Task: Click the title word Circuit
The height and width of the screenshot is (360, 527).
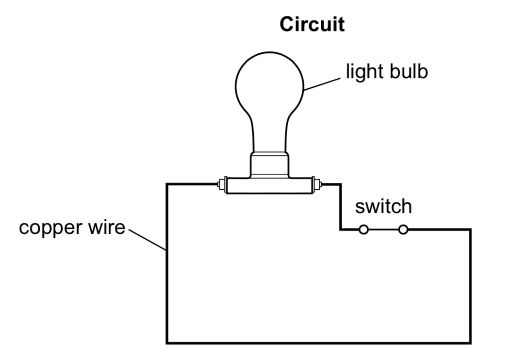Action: tap(312, 24)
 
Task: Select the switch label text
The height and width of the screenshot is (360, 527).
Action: tap(383, 207)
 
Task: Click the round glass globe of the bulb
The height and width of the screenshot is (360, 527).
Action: tap(270, 82)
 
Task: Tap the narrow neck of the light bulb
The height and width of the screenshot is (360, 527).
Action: tap(270, 136)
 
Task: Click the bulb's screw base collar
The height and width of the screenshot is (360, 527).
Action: tap(270, 165)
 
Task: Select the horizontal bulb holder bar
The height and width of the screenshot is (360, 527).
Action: tap(270, 186)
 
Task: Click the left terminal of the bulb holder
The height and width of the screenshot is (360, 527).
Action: tap(222, 185)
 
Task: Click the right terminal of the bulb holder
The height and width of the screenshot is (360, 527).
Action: tap(317, 185)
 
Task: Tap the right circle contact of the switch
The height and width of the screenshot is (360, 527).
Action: tap(403, 229)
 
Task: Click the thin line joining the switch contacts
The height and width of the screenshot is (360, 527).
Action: tap(383, 229)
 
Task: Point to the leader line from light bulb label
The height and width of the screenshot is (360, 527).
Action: tap(323, 84)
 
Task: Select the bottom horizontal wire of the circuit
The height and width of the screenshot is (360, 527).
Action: tap(318, 343)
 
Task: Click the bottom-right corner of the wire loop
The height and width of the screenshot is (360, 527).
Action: tap(470, 343)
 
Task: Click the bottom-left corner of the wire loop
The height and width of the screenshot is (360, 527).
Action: tap(167, 343)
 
